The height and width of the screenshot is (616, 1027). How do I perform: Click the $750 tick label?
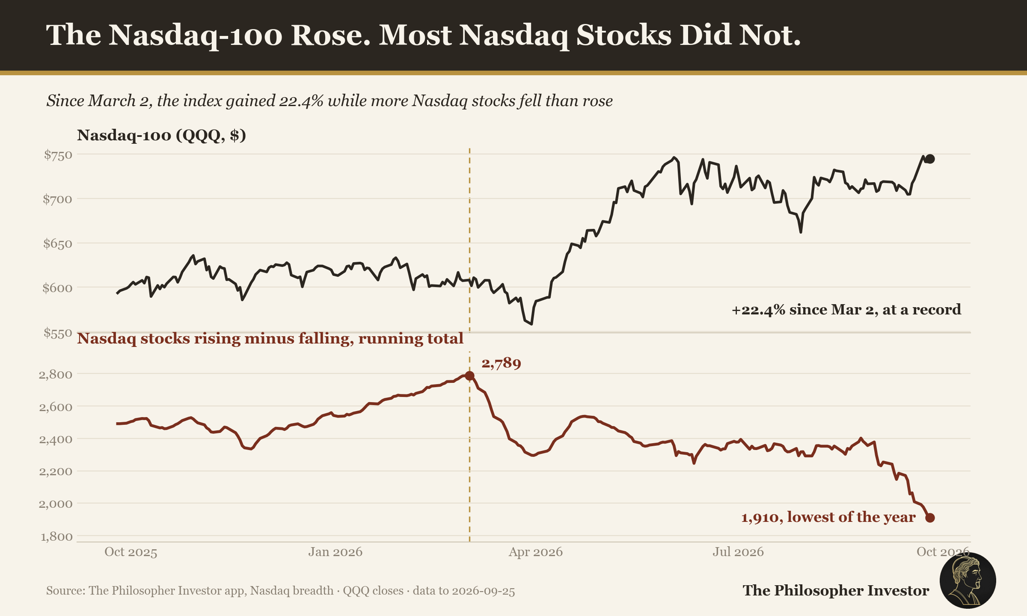[58, 155]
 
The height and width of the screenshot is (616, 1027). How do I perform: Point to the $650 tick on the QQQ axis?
[58, 244]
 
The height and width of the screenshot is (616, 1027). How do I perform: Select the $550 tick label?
[58, 333]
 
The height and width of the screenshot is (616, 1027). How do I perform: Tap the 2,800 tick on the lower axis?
[56, 375]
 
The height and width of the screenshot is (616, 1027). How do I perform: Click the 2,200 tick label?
[56, 472]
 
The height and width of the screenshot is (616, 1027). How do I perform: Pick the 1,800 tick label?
[56, 536]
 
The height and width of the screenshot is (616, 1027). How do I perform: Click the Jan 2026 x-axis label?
[335, 552]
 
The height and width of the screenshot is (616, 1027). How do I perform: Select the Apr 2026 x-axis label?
[535, 552]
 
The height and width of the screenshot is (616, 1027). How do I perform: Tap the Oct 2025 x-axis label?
[131, 552]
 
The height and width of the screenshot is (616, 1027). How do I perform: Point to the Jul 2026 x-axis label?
[738, 552]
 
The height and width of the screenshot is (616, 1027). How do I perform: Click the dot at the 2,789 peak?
[469, 376]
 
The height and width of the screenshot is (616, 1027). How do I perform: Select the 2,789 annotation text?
[501, 364]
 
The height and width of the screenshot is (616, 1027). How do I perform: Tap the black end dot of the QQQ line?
[930, 159]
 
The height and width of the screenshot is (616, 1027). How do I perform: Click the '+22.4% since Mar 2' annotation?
[846, 309]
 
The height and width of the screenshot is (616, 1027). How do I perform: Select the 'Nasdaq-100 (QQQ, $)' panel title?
[161, 135]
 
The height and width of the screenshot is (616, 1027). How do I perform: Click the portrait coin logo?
[968, 580]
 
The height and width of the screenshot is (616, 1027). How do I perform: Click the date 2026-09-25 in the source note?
[483, 591]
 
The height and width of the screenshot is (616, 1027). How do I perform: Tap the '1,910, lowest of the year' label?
[828, 517]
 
